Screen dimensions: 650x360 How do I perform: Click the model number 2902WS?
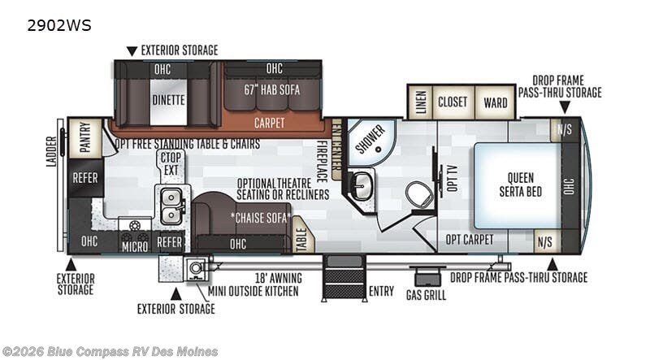59,25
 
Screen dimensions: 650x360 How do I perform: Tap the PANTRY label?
85,137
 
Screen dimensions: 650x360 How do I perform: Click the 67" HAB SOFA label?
272,89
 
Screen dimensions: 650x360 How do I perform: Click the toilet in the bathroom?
419,194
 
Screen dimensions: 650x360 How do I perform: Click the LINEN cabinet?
420,102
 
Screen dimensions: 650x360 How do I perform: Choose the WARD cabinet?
496,102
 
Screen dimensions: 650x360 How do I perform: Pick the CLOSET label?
453,102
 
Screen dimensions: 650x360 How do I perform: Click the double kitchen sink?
171,206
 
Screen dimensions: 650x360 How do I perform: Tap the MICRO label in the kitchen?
135,247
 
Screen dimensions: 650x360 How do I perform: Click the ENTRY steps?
344,277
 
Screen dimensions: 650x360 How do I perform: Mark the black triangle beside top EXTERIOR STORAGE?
132,51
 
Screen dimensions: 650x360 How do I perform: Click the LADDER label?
51,151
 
